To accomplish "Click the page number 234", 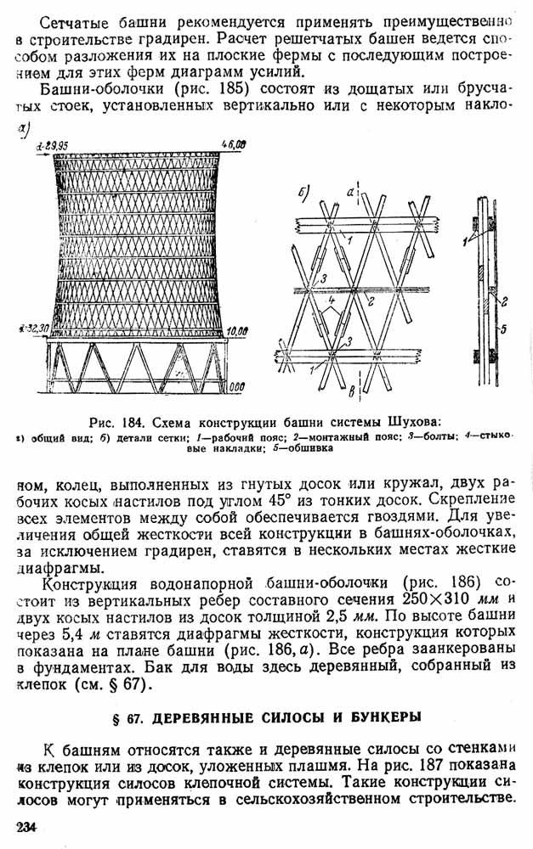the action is click(x=26, y=827).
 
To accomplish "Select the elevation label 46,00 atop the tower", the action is click(x=233, y=144).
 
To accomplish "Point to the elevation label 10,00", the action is click(x=237, y=330).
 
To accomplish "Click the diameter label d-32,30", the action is click(x=34, y=328).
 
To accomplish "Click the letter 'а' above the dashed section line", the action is click(x=350, y=191).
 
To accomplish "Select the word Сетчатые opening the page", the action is click(x=74, y=23).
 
